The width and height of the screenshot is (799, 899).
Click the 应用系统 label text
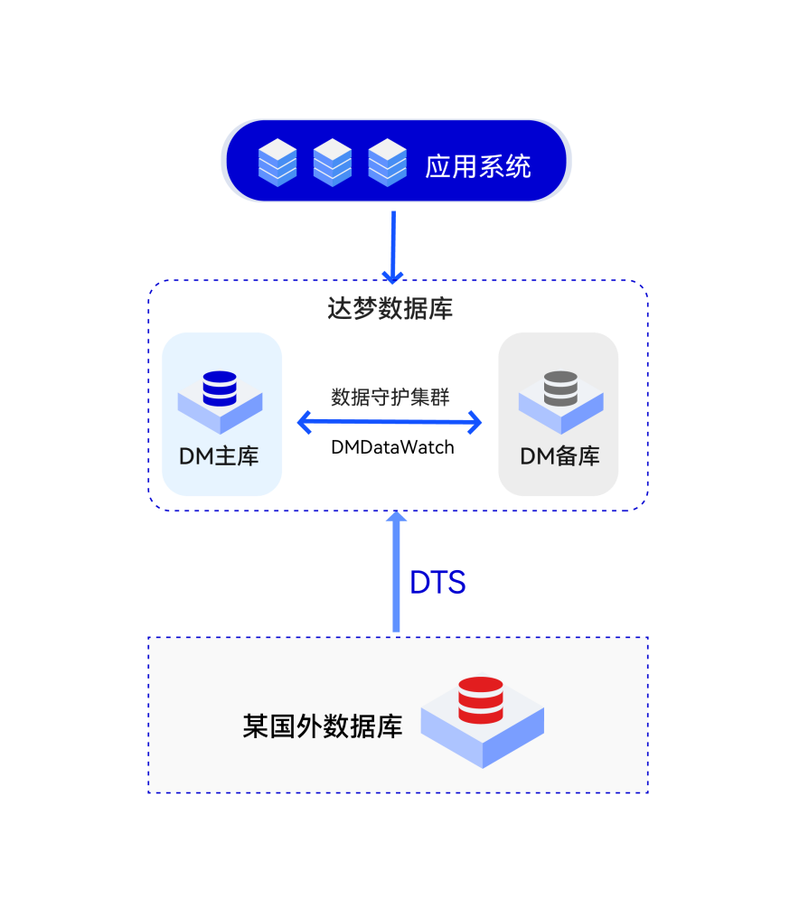[x=478, y=166]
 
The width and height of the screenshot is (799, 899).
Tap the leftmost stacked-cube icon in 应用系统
[x=277, y=163]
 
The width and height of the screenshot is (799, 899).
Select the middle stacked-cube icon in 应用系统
[x=333, y=163]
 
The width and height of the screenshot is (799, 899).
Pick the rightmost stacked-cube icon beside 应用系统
[x=388, y=163]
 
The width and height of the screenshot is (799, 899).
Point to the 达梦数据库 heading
[x=390, y=309]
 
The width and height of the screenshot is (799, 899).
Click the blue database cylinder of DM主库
[x=220, y=389]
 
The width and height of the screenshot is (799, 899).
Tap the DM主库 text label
[x=220, y=456]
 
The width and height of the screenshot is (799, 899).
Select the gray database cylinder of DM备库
[x=560, y=389]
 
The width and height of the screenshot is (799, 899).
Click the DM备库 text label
[x=560, y=456]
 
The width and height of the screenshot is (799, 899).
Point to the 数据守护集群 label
[x=390, y=398]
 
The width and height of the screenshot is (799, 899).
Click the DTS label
[x=438, y=584]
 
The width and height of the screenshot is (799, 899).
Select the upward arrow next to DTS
[x=396, y=578]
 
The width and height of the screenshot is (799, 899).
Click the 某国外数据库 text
[x=323, y=727]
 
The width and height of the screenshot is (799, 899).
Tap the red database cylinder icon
[x=481, y=699]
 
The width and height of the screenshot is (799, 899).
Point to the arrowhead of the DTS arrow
[x=396, y=517]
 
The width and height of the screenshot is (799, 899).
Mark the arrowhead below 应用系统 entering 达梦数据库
[x=392, y=275]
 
